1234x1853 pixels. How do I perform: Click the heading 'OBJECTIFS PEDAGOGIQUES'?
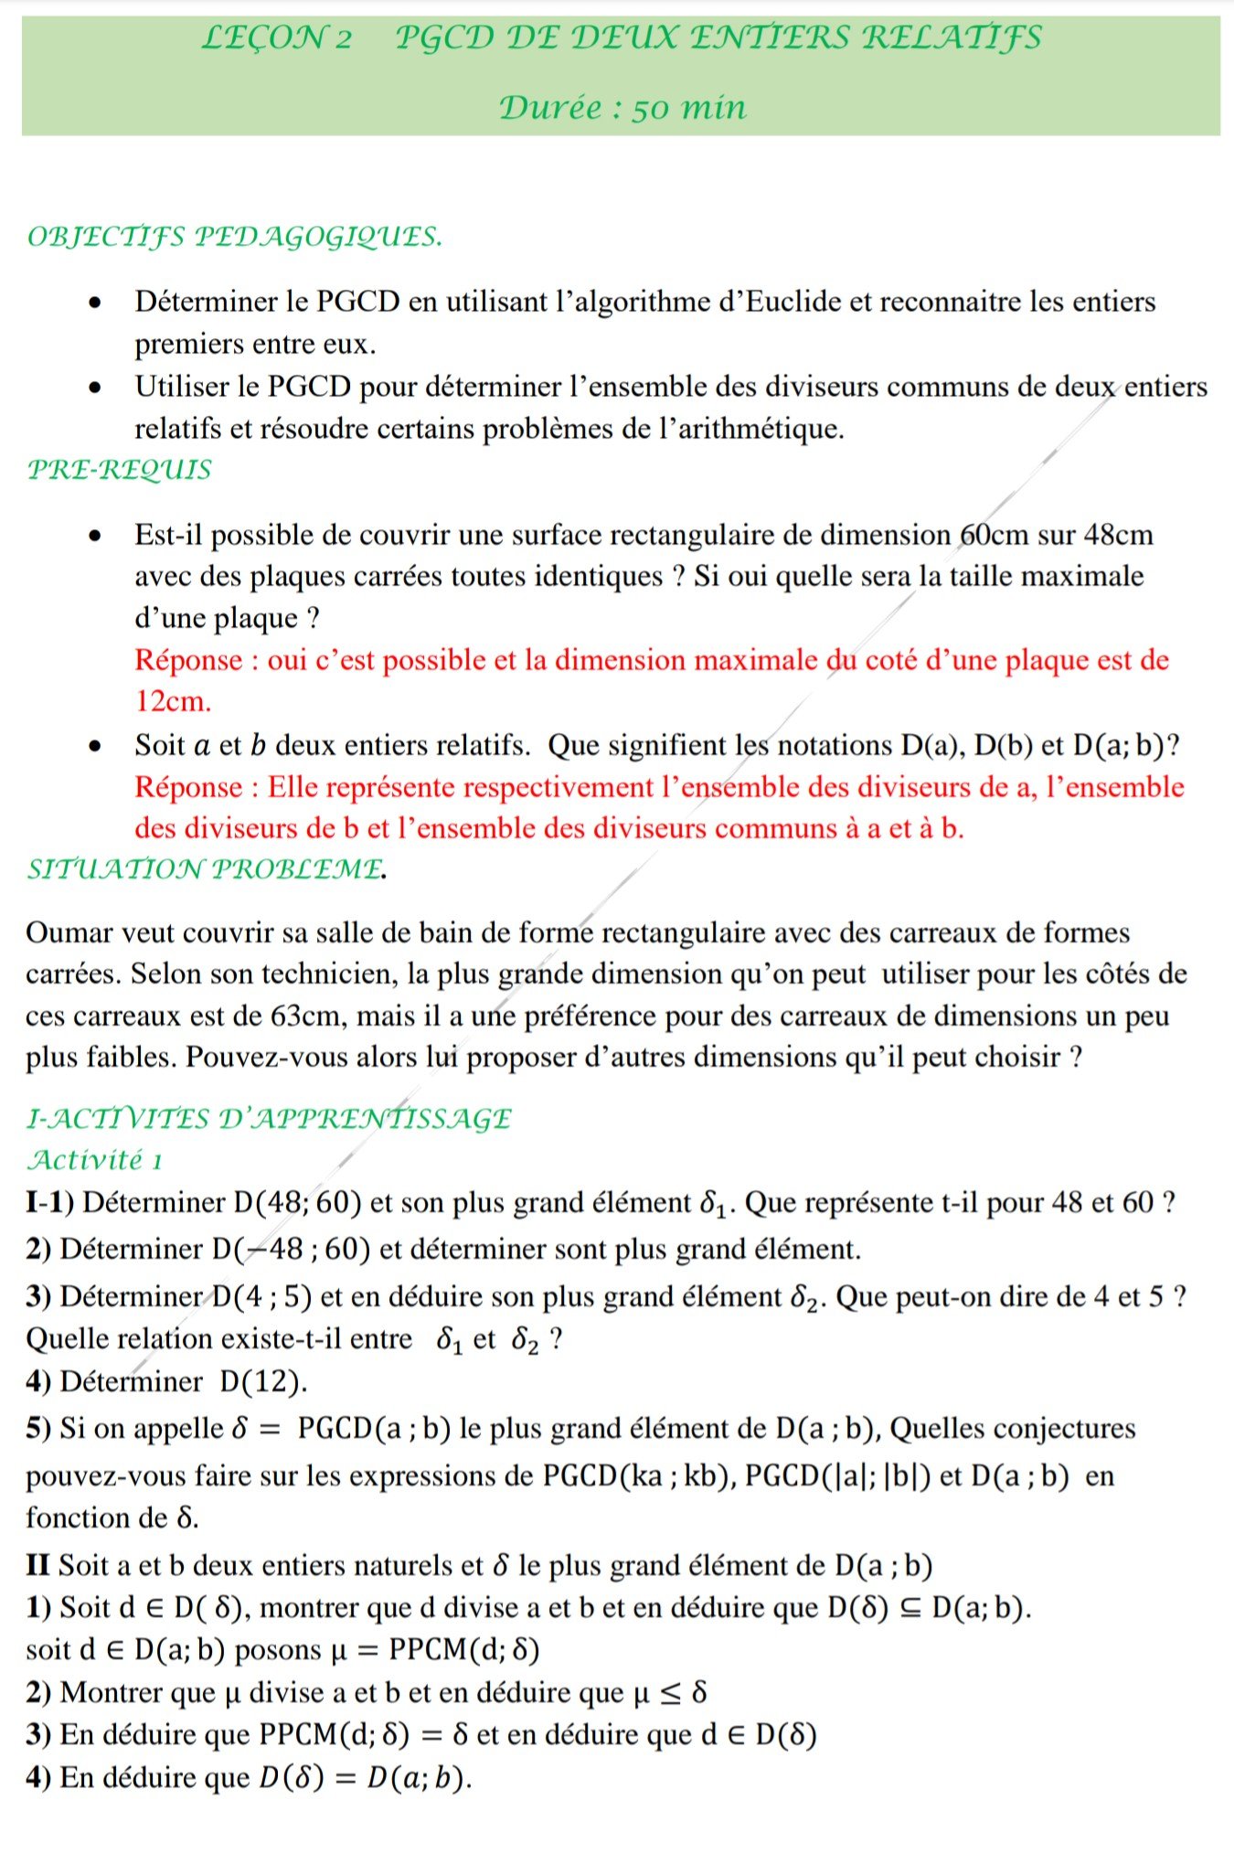[x=235, y=237]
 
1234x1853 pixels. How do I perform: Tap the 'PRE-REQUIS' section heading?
[x=120, y=470]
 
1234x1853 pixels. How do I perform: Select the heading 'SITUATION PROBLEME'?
[x=205, y=869]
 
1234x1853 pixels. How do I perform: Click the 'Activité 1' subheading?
[x=95, y=1160]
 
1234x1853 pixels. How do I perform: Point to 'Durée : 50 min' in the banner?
[x=622, y=108]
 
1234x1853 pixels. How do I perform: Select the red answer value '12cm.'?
[x=174, y=702]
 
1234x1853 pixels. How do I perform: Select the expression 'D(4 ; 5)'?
[x=262, y=1296]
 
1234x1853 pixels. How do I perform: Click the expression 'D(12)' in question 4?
[x=262, y=1380]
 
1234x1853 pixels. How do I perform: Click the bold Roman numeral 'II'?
[x=37, y=1565]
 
